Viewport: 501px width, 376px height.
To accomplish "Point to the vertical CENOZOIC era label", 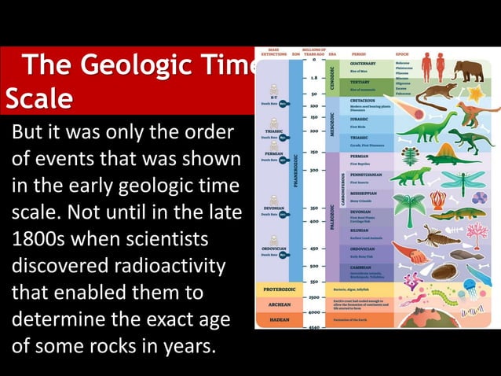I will [x=333, y=76].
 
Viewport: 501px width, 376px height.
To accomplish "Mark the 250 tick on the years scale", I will [x=314, y=153].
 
